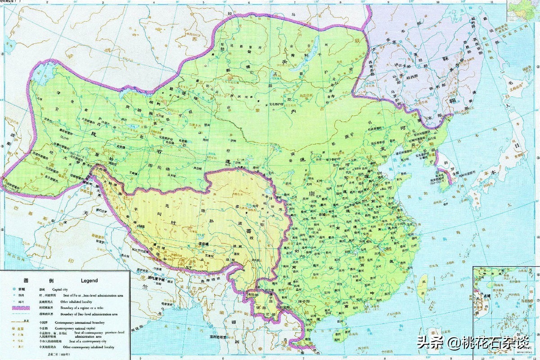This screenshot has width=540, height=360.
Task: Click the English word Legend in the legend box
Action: [89, 280]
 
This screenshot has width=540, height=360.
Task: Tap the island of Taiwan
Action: [423, 288]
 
